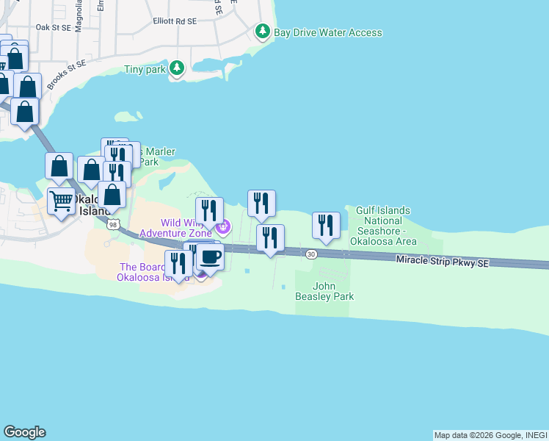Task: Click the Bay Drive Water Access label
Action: point(327,32)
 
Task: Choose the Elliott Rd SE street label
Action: point(175,22)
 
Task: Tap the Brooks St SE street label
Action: point(67,76)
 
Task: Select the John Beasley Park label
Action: point(334,291)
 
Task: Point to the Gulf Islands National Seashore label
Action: point(383,226)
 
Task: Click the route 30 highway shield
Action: point(312,254)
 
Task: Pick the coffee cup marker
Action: point(210,257)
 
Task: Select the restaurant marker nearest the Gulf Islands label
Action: point(326,226)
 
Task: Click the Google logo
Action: point(24,432)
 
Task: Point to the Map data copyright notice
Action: point(490,435)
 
